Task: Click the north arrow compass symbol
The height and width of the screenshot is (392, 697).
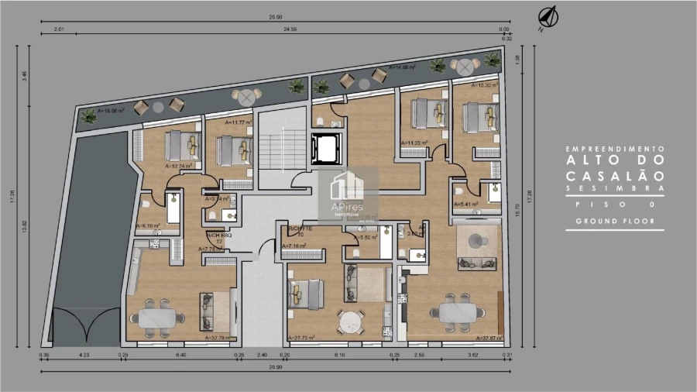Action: (x=551, y=15)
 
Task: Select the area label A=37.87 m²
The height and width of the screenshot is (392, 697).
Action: (x=488, y=338)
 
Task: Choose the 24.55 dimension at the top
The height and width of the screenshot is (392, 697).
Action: (x=290, y=29)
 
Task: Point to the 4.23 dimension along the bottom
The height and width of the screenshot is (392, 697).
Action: (x=84, y=355)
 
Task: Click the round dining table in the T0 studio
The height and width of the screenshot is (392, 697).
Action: (x=350, y=320)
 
